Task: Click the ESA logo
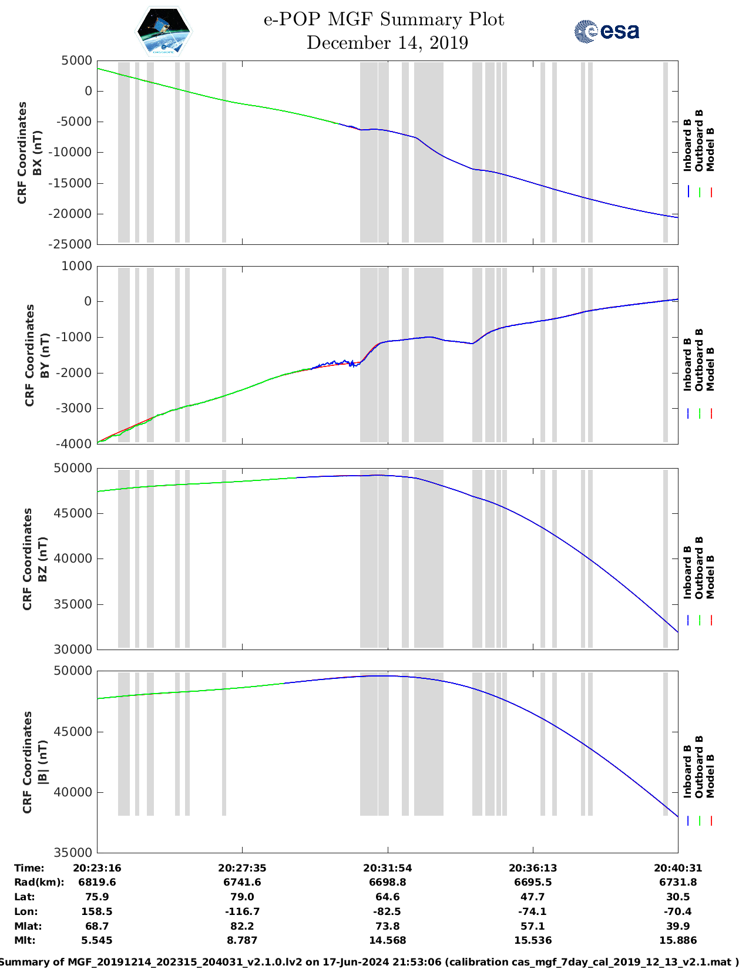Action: pos(606,31)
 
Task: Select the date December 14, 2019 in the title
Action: pos(387,43)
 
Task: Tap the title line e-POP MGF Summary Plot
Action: pos(384,19)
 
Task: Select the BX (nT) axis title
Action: pos(37,153)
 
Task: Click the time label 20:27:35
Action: pos(242,868)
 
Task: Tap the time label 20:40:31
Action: pos(678,868)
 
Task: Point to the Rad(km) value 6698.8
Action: pos(387,882)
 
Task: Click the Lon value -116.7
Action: pos(242,911)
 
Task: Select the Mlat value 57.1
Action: pos(533,926)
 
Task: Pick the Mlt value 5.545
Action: pos(97,940)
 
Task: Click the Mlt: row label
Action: pos(25,940)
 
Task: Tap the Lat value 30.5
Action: pos(678,897)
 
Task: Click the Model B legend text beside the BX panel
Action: pos(710,149)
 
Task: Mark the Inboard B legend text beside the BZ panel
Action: pos(687,572)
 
